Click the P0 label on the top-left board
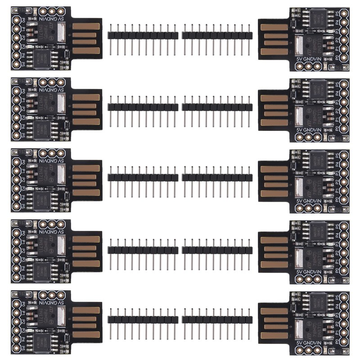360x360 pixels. coord(23,19)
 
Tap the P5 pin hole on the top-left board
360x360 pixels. coord(16,64)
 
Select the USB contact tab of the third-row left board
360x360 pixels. coord(85,180)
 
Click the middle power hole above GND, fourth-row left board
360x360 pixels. coord(51,224)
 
